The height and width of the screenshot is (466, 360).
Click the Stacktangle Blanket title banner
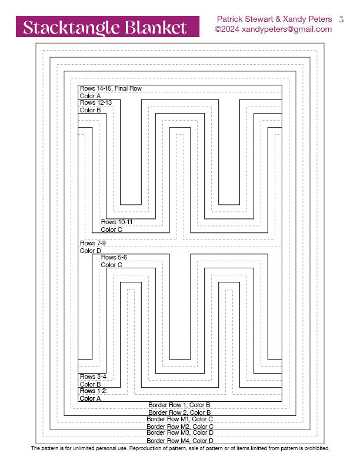tap(108, 26)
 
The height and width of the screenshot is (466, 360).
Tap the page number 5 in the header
tap(341, 19)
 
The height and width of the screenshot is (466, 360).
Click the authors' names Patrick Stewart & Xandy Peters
tap(274, 19)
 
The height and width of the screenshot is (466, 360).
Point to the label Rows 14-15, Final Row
tap(111, 88)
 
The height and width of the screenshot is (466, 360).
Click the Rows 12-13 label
tap(96, 102)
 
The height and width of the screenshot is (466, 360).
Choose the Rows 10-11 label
tap(116, 222)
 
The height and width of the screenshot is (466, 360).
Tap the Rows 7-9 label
tap(93, 243)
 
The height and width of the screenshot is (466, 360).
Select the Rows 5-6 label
tap(114, 257)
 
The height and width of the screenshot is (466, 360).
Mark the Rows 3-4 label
tap(93, 377)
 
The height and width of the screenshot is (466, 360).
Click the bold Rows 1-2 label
tap(94, 391)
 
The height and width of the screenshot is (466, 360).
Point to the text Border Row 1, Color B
tap(179, 405)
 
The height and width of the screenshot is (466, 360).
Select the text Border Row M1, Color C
tap(179, 419)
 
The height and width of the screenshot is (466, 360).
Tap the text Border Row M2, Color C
tap(179, 427)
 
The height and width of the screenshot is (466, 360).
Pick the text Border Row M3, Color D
tap(179, 433)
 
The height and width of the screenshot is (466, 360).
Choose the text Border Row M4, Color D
tap(179, 440)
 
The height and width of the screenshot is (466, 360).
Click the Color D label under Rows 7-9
tap(91, 251)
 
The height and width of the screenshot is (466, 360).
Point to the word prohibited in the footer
tap(316, 448)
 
